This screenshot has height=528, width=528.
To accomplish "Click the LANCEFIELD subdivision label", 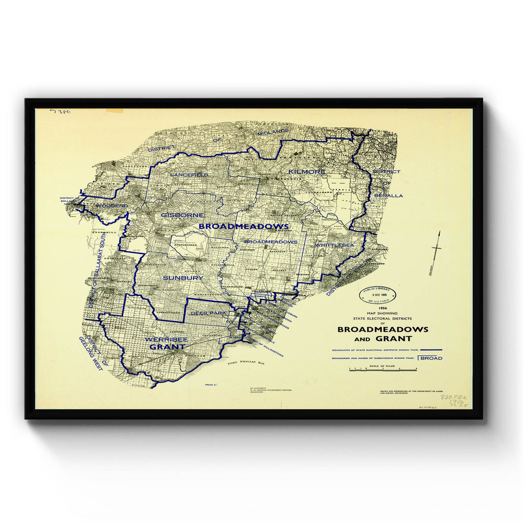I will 188,175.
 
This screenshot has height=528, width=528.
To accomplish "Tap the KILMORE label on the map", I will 307,171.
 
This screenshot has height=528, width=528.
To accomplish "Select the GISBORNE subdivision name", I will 182,214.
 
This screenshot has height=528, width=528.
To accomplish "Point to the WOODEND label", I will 112,206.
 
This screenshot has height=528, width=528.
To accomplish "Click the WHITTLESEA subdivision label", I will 335,245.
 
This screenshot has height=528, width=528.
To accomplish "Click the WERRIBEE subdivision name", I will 165,339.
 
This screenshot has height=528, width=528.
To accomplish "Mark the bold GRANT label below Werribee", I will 168,347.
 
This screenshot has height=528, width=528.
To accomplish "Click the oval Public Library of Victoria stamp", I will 378,295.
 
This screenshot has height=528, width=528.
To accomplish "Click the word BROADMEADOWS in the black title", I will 383,329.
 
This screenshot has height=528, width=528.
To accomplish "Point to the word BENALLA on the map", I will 388,196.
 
